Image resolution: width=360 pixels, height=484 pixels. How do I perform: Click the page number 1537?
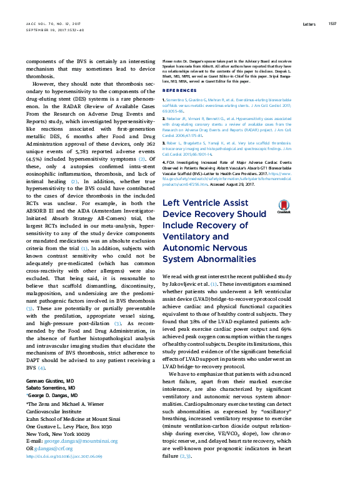coord(332,24)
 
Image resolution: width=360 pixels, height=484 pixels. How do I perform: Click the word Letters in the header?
coord(310,24)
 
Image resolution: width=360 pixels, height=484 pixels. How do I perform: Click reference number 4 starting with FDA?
coord(164,163)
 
